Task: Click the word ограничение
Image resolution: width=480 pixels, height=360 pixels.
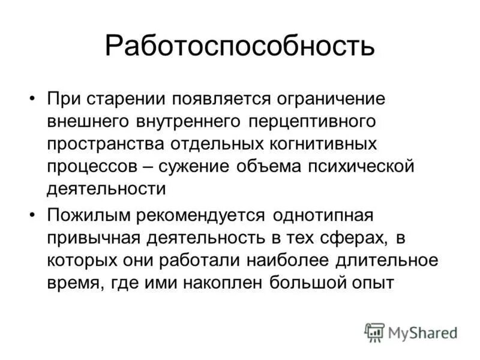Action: [334, 98]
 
